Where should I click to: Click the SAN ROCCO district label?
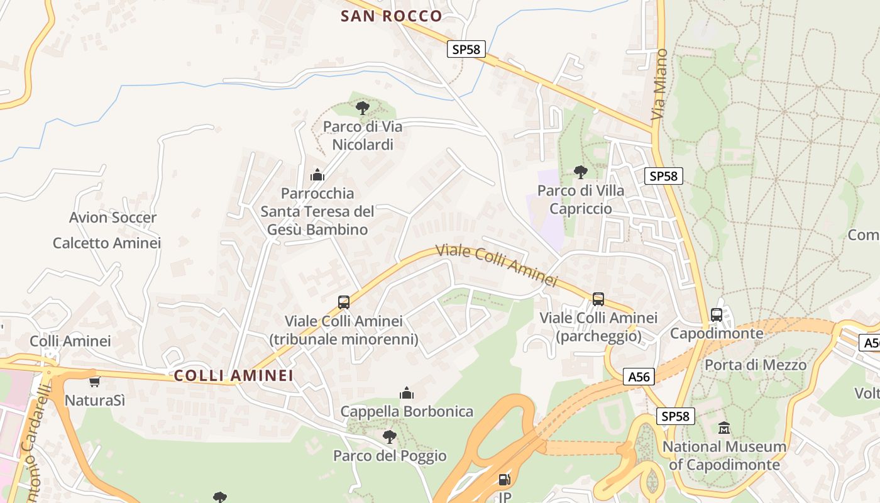coord(391,16)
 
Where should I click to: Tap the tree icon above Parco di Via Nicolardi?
coord(363,108)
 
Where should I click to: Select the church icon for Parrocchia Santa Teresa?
coord(317,175)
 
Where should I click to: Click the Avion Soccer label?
coord(113,218)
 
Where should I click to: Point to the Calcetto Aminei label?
coord(107,243)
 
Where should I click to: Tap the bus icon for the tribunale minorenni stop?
coord(344,302)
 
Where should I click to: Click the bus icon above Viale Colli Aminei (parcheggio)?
coord(598,299)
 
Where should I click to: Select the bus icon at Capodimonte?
coord(717,315)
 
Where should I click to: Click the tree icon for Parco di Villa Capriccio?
coord(581,172)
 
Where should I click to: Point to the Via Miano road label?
coord(659,84)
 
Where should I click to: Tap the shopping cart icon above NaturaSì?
coord(94,382)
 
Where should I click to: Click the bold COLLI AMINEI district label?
coord(234,375)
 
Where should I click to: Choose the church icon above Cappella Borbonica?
coord(407,394)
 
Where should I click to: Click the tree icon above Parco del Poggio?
coord(390,436)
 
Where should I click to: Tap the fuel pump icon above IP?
coord(504,480)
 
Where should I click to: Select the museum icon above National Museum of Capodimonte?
coord(724,428)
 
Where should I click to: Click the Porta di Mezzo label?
coord(755,365)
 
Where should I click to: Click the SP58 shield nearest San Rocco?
coord(466,49)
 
